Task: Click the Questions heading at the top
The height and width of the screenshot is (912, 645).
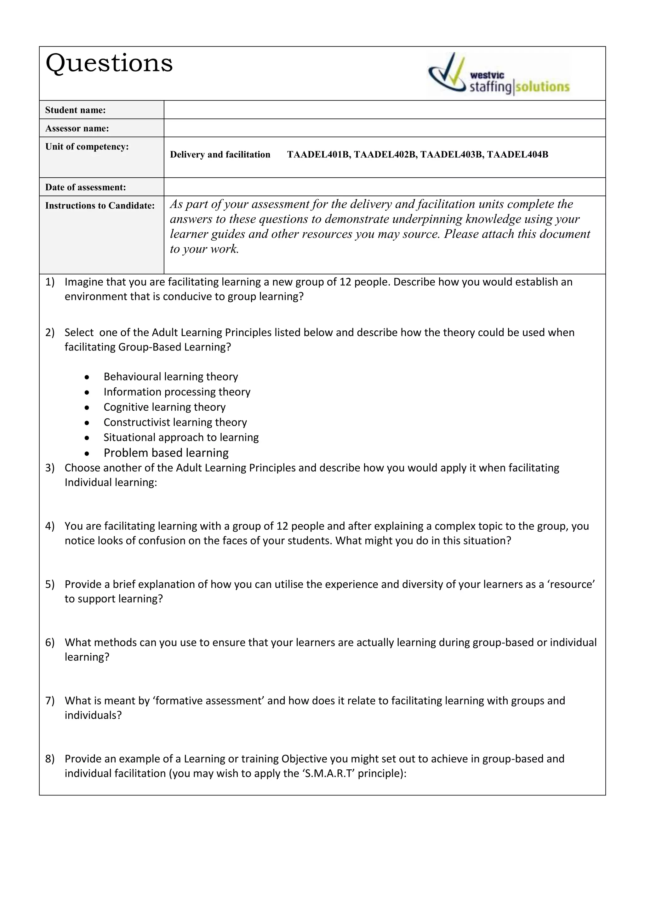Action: (x=109, y=64)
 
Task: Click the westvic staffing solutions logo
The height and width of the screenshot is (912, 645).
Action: (x=499, y=75)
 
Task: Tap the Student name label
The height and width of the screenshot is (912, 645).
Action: (x=76, y=110)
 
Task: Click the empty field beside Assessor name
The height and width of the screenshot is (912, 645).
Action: (x=385, y=128)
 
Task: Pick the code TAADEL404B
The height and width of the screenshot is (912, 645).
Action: (x=517, y=155)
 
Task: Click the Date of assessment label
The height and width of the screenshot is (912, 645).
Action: (x=85, y=187)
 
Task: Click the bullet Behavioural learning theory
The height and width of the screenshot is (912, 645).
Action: (x=171, y=377)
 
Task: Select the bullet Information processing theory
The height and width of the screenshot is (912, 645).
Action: (x=177, y=392)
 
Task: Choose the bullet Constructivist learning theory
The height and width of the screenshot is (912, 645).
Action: (x=175, y=422)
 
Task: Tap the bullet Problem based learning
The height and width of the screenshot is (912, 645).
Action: (x=166, y=453)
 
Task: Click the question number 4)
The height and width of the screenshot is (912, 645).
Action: (x=50, y=526)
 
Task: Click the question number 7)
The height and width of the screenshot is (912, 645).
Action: (x=50, y=700)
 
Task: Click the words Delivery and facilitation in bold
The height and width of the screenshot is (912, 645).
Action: (x=220, y=155)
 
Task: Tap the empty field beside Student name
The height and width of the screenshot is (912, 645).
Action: (x=385, y=110)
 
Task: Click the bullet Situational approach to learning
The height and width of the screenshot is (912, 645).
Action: (x=181, y=437)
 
